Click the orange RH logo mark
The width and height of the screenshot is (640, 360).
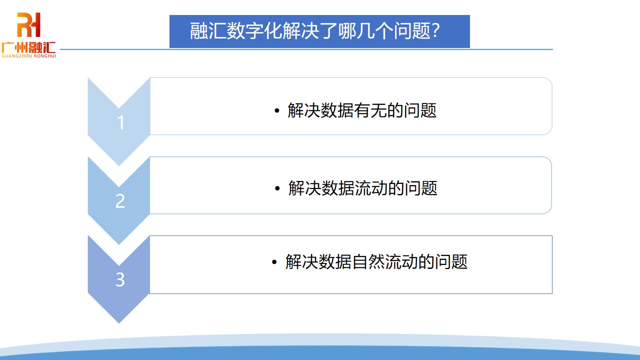point(28,25)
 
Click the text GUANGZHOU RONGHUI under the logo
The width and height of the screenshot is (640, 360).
point(28,56)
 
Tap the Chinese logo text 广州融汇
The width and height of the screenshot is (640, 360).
point(28,48)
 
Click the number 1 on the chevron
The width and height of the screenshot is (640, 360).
point(120,123)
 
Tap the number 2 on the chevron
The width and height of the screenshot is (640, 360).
point(120,201)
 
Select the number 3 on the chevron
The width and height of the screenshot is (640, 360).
point(120,280)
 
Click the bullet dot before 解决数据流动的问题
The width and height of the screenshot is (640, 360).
point(278,189)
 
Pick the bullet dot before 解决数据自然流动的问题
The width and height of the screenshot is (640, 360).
point(274,262)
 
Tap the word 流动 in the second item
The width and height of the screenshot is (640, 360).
point(371,188)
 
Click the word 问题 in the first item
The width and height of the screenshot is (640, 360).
point(420,110)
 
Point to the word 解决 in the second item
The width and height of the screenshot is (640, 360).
point(304,188)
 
